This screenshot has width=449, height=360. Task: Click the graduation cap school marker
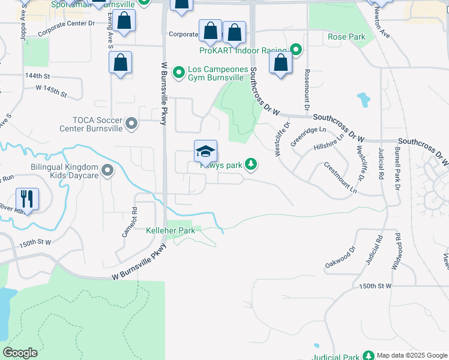pos(205,151)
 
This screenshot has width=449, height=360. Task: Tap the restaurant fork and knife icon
pos(27,199)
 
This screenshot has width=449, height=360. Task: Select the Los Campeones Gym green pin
pos(178,73)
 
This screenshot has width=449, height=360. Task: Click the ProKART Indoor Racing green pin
pos(295,49)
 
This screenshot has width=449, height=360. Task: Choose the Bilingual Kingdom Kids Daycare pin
pos(107,171)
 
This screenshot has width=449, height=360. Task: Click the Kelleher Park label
pos(170,230)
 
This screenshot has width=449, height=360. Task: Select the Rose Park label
pos(346,37)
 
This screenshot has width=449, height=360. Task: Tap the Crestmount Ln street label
pos(340,178)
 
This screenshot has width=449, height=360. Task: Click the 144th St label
pos(37,76)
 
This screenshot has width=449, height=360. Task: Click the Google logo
pos(20,353)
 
